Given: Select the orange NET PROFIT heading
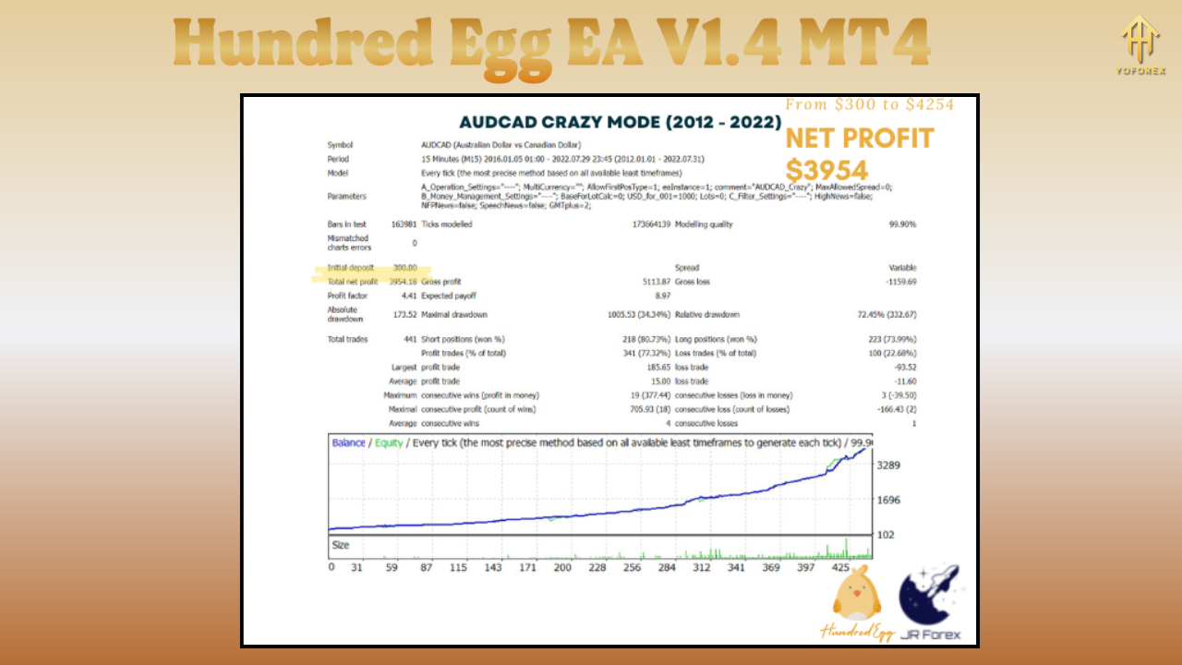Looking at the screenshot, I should pos(859,139).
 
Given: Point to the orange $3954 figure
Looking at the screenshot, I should pos(826,170).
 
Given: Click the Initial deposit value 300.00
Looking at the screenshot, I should pos(404,268).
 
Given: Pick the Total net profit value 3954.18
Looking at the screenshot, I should pos(403,282).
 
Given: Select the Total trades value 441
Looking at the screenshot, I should pos(409,339).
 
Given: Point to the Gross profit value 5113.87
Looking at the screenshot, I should pos(650,282).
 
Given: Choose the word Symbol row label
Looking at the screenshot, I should pos(340,145).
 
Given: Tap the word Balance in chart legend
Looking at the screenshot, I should pos(348,442).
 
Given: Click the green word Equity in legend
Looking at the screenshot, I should pos(389,442).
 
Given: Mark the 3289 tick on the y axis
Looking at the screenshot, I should pos(888,465).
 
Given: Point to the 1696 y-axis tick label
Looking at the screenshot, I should pos(888,501).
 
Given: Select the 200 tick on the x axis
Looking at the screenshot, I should pos(562,567).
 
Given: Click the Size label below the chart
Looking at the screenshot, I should pos(341,545).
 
